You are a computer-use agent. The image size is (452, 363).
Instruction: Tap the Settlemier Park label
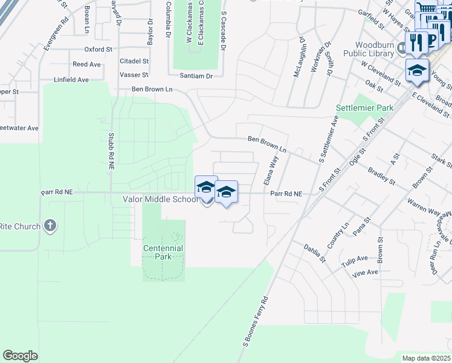[x=364, y=108]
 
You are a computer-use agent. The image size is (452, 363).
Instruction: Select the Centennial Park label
[x=163, y=252]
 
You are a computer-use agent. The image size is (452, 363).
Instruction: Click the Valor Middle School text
[x=160, y=199]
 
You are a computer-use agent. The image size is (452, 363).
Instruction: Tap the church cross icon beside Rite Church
[x=50, y=226]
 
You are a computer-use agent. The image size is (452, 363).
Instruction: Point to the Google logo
[x=20, y=356]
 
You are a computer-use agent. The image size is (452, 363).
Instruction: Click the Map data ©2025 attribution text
[x=426, y=358]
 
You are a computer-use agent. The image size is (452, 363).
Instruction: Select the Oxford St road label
[x=98, y=50]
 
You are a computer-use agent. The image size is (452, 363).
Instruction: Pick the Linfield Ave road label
[x=71, y=80]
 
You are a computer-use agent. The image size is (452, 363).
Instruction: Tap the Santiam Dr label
[x=196, y=76]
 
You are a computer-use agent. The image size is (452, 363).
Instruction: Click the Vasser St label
[x=134, y=74]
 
